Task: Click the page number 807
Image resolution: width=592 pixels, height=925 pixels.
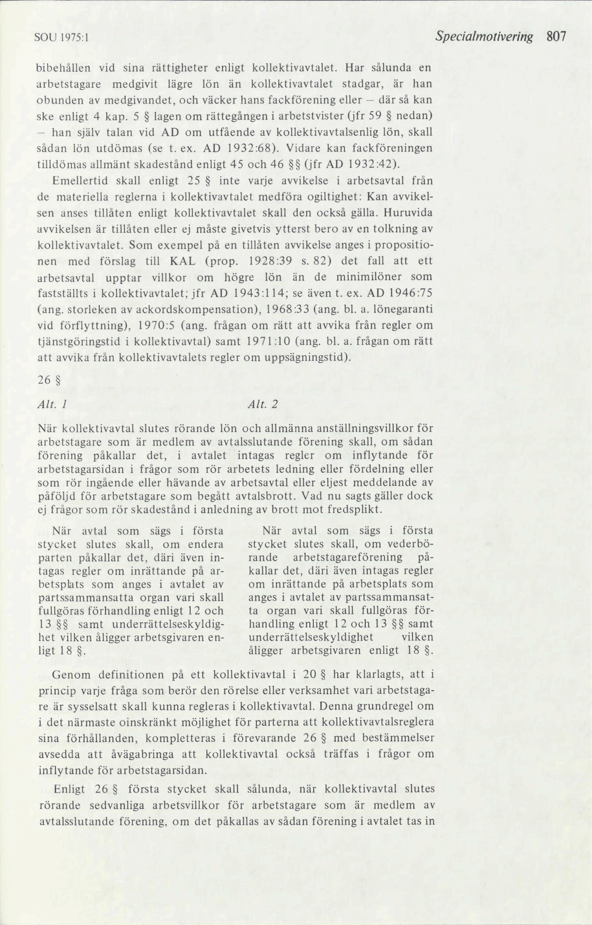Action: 556,37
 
